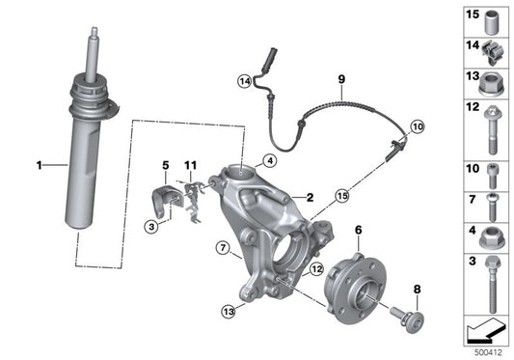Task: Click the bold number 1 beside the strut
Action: pyautogui.click(x=41, y=166)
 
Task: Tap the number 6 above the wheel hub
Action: pyautogui.click(x=358, y=230)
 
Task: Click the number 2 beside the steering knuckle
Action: pyautogui.click(x=311, y=197)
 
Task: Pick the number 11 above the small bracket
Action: pyautogui.click(x=191, y=166)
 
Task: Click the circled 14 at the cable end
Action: pyautogui.click(x=245, y=82)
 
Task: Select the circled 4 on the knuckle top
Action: pyautogui.click(x=271, y=161)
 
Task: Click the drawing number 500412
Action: pyautogui.click(x=486, y=353)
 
